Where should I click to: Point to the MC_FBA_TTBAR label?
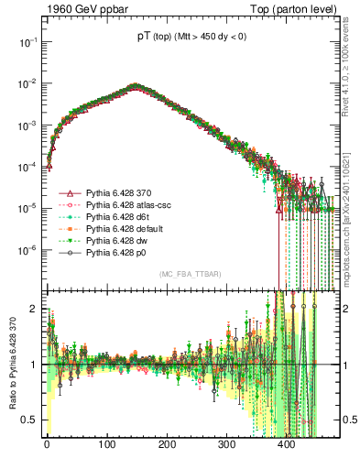(191, 275)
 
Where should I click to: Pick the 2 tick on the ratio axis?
(34, 309)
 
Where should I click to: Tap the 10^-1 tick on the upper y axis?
(27, 42)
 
